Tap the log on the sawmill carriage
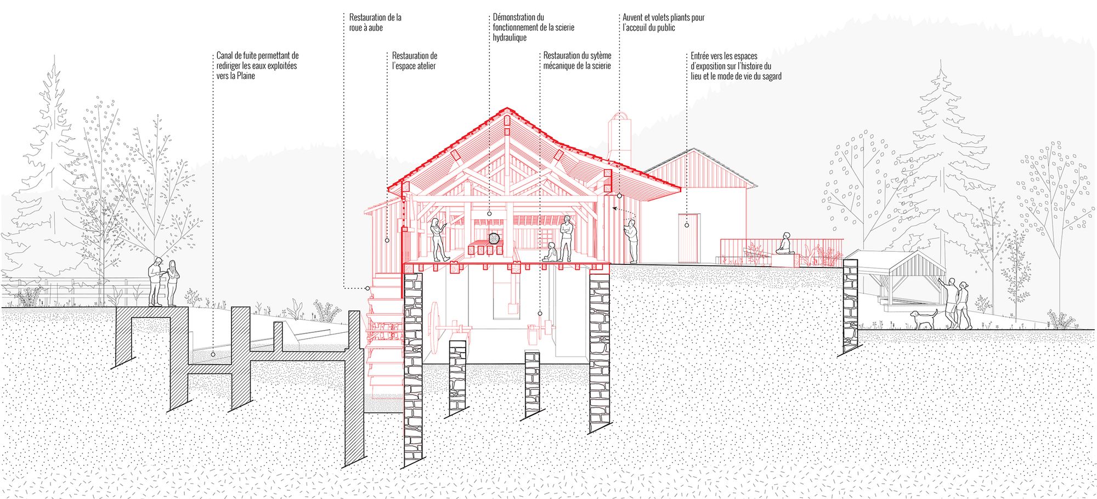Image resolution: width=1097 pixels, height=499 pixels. pos(494,238)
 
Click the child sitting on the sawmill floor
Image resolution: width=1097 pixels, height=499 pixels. pos(550,252)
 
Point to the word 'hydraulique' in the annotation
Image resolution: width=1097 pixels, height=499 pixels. pos(510,38)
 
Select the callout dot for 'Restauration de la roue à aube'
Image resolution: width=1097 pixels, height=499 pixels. pos(367,288)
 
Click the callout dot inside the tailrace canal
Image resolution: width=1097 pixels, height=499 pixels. pos(213,354)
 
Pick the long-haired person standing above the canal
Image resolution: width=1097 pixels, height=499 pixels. pos(172,282)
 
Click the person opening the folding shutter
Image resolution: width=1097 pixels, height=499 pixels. pos(632,240)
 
